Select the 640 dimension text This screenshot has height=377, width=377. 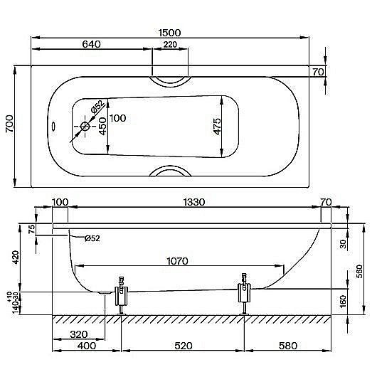(x=91, y=44)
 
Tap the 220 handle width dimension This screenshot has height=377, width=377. (x=171, y=44)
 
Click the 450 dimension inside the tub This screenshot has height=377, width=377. (x=102, y=127)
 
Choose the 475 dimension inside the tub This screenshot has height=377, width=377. (x=218, y=127)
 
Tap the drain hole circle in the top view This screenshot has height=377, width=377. (x=86, y=127)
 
